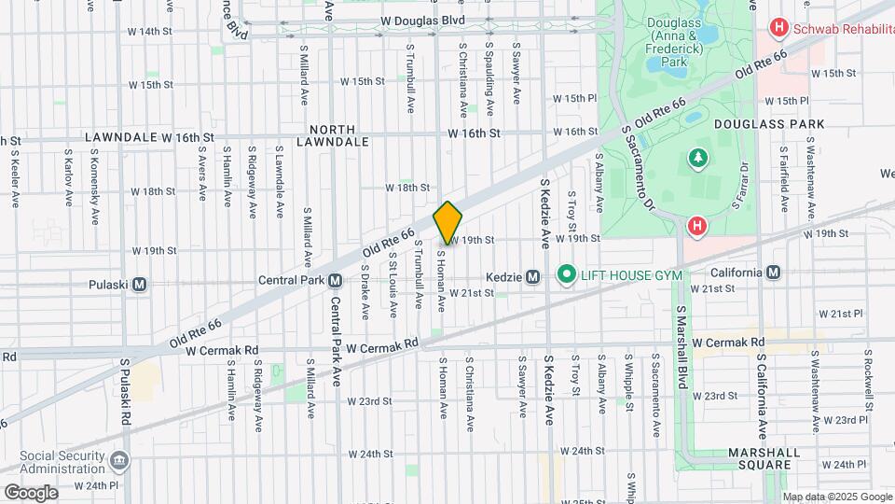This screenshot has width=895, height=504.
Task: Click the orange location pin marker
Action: (447, 223)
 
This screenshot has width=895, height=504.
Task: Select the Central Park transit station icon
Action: (334, 280)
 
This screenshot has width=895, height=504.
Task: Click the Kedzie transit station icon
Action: (532, 276)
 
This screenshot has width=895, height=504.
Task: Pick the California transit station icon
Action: (772, 273)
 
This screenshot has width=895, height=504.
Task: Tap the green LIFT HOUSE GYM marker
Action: (565, 274)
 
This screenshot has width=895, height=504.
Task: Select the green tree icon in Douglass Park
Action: (695, 157)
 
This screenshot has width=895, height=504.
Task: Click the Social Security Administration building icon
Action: (118, 460)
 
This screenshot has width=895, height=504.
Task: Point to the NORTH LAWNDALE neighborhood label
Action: (333, 135)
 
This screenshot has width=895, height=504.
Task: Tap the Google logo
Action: (31, 492)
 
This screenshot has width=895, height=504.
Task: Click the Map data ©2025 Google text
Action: (836, 497)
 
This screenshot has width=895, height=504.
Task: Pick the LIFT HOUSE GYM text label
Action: (632, 274)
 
